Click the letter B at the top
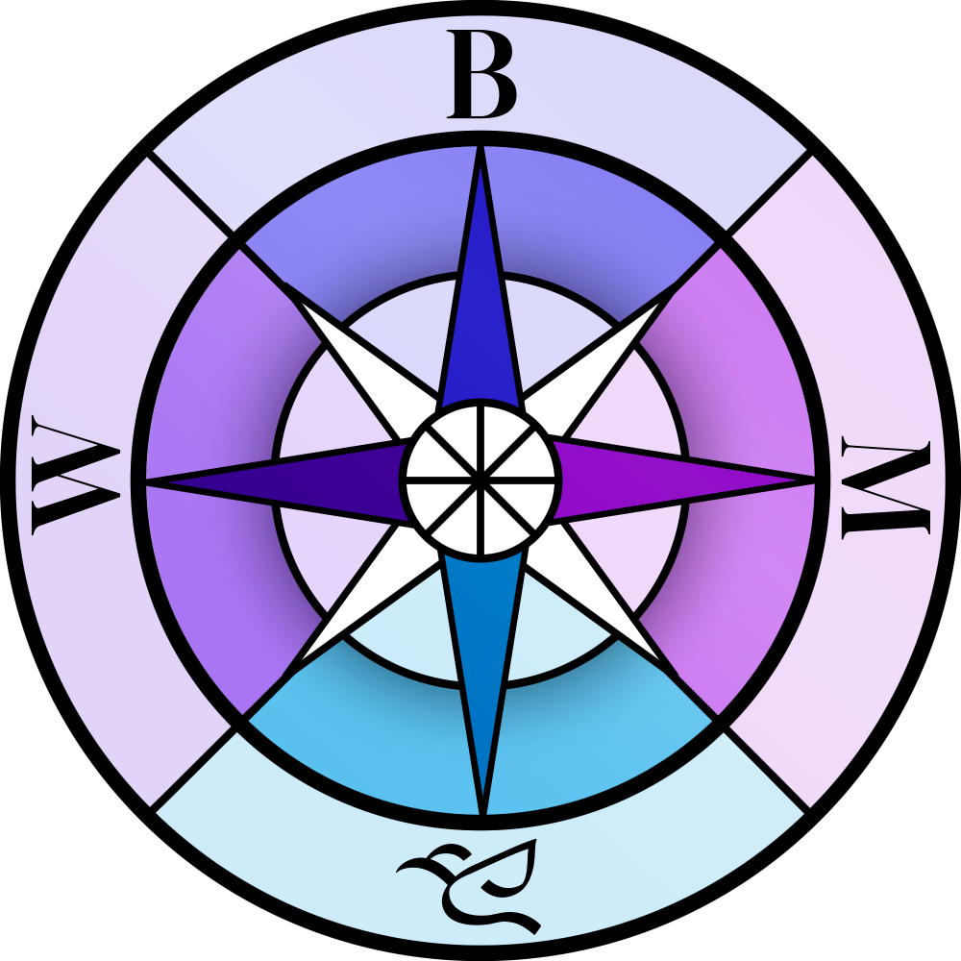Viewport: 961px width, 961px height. pyautogui.click(x=482, y=75)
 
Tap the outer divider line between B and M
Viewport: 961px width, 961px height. pyautogui.click(x=769, y=192)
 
